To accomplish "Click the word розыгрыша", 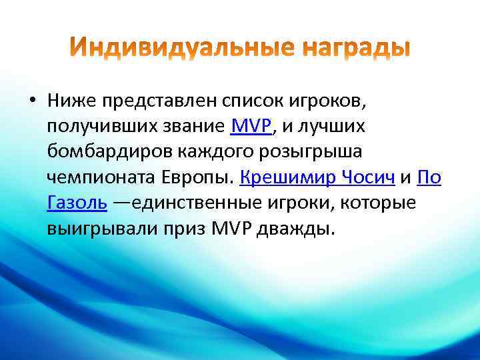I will click(312, 151).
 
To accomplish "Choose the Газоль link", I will click(77, 202).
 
